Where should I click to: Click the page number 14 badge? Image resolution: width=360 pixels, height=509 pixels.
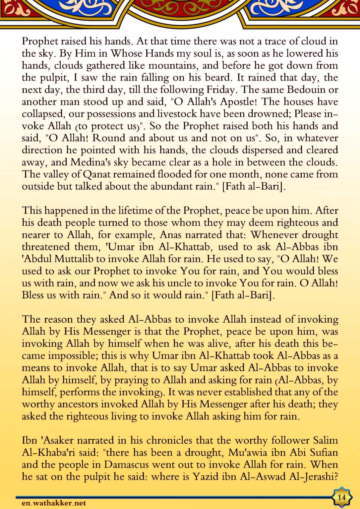[341, 497]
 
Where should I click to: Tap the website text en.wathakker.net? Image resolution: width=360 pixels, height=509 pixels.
[54, 503]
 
